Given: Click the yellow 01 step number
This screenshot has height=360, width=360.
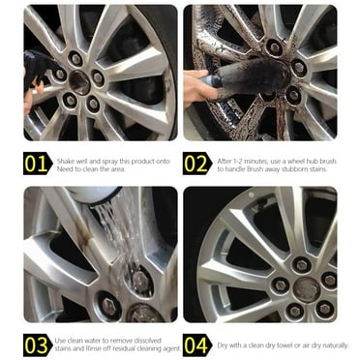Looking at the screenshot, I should click(36, 163).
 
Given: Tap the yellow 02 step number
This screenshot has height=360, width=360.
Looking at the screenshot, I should click(196, 163).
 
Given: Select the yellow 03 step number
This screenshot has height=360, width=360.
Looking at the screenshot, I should click(36, 345).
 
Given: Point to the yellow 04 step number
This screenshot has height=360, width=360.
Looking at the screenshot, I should click(196, 345).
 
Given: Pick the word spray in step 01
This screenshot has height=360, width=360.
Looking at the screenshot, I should click(108, 158).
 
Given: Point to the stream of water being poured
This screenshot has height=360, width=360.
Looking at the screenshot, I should click(110, 232).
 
